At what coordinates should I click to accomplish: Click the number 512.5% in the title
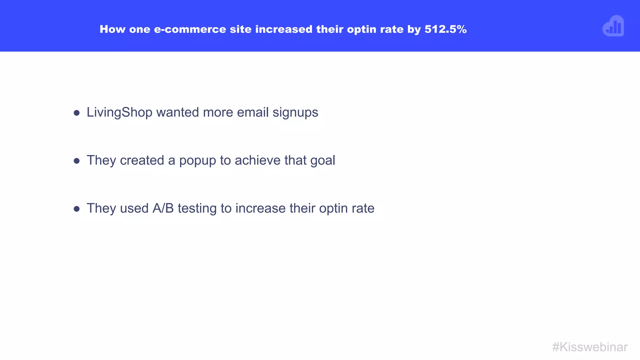click(445, 29)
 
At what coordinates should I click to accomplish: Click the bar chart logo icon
click(613, 26)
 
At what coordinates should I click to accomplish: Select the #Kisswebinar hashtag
click(590, 347)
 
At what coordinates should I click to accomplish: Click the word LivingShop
click(119, 112)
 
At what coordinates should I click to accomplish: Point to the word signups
click(295, 112)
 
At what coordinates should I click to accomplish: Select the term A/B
click(163, 208)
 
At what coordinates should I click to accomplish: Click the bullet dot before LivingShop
click(77, 113)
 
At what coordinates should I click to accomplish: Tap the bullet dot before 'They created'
click(77, 161)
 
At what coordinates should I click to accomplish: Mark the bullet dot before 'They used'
click(77, 209)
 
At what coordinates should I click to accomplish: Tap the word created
click(142, 160)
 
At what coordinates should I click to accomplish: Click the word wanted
click(177, 112)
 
